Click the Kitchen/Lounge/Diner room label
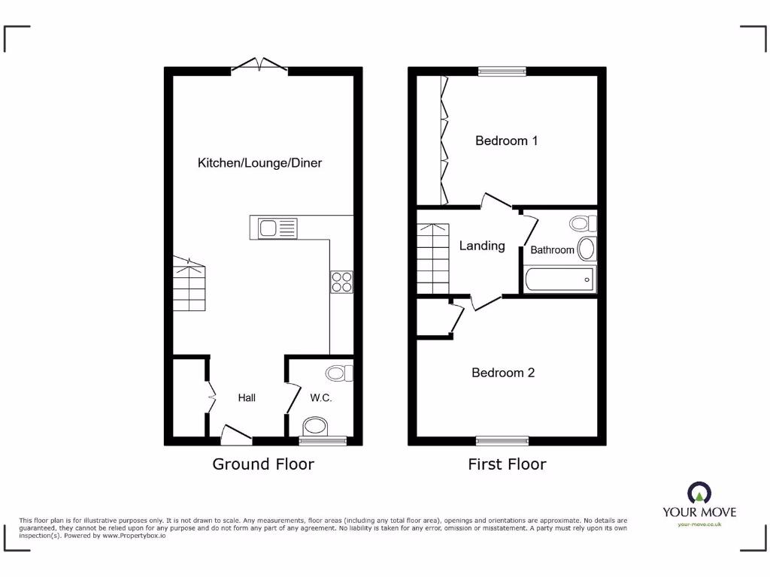(x=259, y=163)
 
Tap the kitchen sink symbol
(x=277, y=228)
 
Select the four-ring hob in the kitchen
(x=341, y=281)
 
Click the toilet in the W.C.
(x=340, y=373)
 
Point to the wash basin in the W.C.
(x=315, y=427)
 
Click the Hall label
(x=247, y=397)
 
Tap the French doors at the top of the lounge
(x=259, y=66)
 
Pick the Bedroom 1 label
(x=506, y=140)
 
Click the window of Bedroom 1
(x=502, y=71)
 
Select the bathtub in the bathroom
(x=559, y=279)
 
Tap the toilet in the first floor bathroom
(x=582, y=223)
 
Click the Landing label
(x=482, y=246)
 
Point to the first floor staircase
(x=433, y=258)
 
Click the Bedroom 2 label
(x=503, y=373)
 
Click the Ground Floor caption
(x=263, y=464)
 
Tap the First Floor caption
(x=507, y=464)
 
